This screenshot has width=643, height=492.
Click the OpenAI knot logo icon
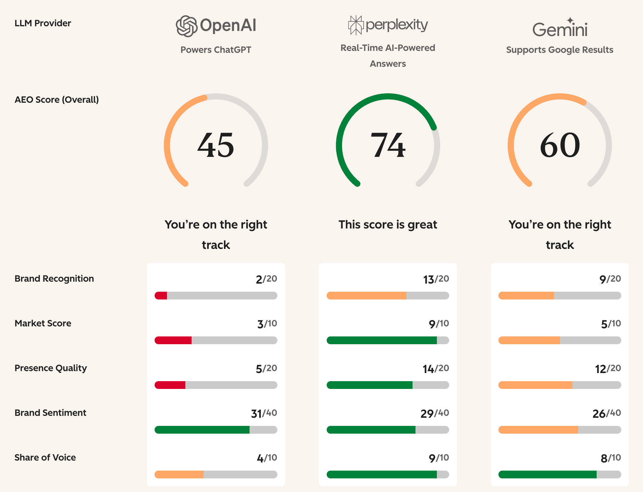pos(186,26)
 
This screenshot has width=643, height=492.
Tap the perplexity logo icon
pos(356,25)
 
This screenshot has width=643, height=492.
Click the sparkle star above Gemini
pos(570,20)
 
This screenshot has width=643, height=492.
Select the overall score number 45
pos(216,145)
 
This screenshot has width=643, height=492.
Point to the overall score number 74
pos(388,145)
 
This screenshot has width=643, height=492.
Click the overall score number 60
pos(560,145)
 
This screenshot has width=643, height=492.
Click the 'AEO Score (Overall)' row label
pos(57,100)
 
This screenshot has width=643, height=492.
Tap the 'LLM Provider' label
pos(43,23)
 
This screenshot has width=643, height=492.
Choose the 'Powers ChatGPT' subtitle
pos(216,50)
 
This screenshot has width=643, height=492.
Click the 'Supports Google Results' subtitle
pos(560,50)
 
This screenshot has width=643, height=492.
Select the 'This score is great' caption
pos(388,225)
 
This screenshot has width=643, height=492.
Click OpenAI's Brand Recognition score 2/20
pos(266,279)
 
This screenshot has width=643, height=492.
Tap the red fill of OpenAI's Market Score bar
pos(173,340)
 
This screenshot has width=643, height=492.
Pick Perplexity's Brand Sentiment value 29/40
pos(435,413)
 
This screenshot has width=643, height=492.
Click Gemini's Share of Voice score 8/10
pos(611,458)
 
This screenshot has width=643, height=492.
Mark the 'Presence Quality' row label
pos(51,368)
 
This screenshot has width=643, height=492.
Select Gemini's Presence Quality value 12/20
pos(608,369)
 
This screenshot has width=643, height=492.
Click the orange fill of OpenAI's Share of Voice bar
pos(179,474)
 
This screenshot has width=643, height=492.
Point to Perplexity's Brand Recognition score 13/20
pos(436,279)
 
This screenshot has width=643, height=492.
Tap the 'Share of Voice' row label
pos(45,458)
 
